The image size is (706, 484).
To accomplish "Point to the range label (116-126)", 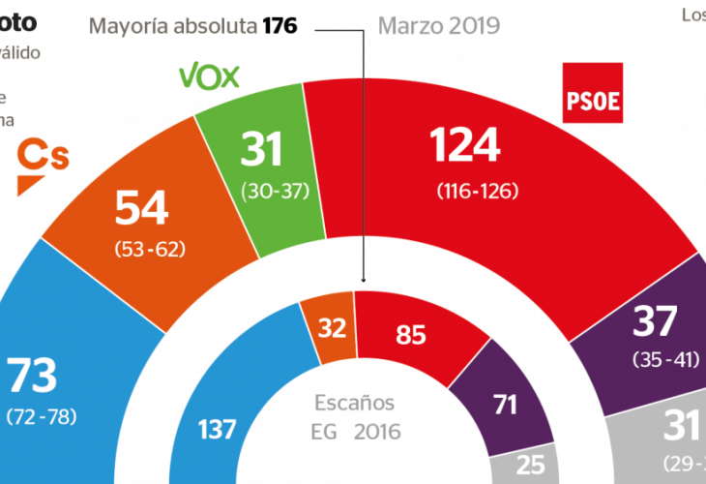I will click(x=464, y=191).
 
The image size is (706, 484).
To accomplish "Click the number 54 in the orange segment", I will click(x=141, y=208).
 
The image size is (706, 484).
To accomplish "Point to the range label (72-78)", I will click(x=41, y=417).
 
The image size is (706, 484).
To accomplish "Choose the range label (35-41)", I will click(x=666, y=359).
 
